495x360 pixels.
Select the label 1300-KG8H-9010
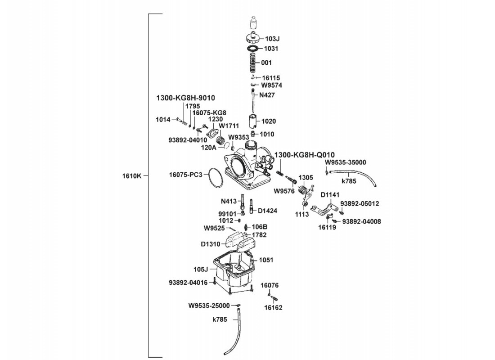click(185, 98)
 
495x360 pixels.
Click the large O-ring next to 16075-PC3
click(216, 178)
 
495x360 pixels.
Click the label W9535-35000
click(345, 162)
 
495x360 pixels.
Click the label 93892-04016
click(188, 283)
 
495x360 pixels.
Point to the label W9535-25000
click(209, 306)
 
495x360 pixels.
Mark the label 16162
click(273, 308)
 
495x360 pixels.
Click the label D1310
click(211, 244)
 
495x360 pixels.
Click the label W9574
click(272, 85)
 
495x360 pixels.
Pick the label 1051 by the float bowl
click(266, 260)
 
